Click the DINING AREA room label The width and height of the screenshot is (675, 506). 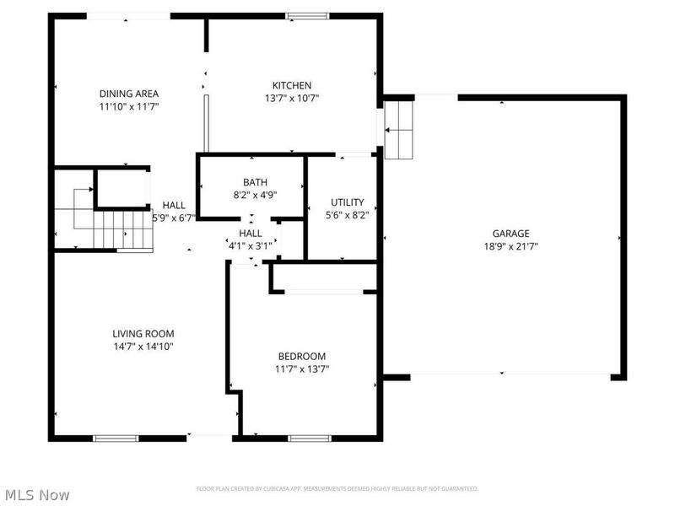point(129,94)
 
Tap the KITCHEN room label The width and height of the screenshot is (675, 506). point(292,85)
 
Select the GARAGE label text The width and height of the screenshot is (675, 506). point(511,234)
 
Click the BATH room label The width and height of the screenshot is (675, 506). point(255,181)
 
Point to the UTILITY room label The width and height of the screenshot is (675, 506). point(347,202)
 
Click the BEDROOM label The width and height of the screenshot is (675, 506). point(302,356)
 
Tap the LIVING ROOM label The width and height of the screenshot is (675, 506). point(143,333)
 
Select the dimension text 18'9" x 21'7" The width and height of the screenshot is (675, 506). point(511,246)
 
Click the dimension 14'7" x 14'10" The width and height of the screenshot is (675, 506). point(143,346)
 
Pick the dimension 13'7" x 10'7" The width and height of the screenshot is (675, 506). point(292,98)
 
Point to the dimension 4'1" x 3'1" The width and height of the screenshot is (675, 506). point(251,245)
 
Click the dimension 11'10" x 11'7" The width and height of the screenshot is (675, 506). point(129,106)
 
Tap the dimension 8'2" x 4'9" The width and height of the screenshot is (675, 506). point(255,194)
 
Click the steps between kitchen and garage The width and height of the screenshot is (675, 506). point(399,129)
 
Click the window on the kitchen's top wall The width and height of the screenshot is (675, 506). point(306,15)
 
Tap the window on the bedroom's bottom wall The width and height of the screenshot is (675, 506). point(310,438)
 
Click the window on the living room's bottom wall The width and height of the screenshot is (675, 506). point(115,438)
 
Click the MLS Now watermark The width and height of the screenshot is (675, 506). point(37,495)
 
